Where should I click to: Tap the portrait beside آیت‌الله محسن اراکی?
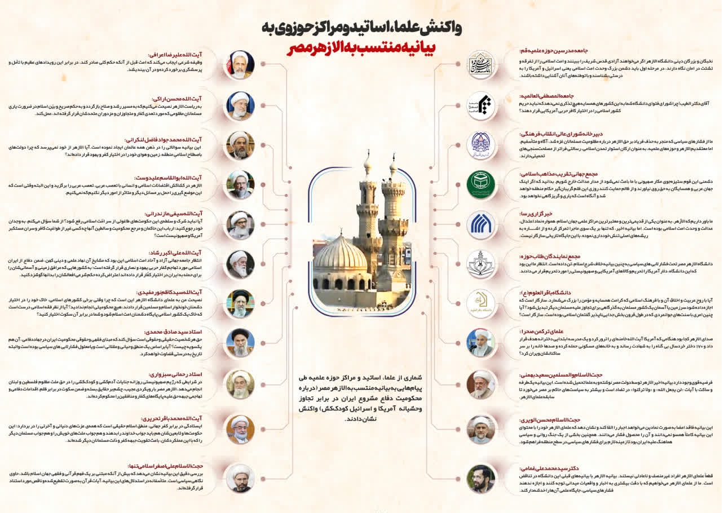(240, 106)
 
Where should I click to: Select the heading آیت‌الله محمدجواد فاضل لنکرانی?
(180, 139)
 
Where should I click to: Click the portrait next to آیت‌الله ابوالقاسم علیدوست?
(240, 184)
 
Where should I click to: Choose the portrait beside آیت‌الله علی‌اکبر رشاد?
(240, 264)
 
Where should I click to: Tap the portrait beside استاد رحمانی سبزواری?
(240, 384)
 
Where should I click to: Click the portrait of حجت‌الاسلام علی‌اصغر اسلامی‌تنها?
(240, 478)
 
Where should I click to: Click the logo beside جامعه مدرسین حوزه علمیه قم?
(482, 65)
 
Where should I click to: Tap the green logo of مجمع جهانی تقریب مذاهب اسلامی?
(482, 184)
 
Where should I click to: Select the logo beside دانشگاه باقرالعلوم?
(482, 303)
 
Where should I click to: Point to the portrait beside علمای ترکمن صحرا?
(482, 342)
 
